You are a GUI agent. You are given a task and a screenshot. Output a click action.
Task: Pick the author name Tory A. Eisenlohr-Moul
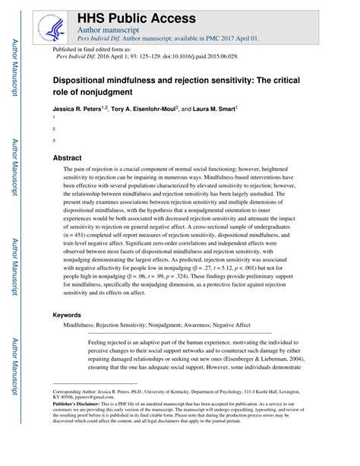150,109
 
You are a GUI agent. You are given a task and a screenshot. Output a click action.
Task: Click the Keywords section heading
69,315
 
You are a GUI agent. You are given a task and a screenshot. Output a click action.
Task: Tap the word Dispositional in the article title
84,78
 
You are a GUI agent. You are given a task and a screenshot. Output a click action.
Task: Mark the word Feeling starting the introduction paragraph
100,343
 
